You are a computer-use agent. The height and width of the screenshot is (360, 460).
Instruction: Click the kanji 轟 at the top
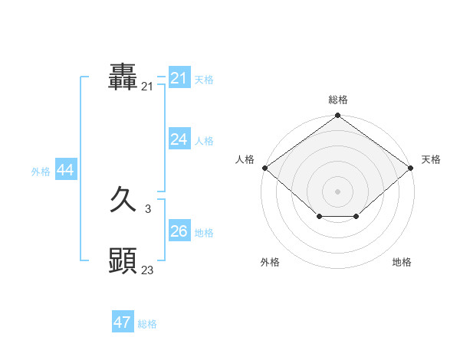(x=123, y=78)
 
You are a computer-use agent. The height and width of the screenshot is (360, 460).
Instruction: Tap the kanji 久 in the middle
(x=123, y=201)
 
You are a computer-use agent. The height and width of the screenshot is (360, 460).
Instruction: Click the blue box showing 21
(x=179, y=78)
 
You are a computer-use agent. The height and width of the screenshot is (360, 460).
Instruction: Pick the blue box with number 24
(x=179, y=139)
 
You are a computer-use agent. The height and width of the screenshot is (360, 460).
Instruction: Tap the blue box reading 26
(x=179, y=231)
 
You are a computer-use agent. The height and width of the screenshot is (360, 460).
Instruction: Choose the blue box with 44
(x=66, y=170)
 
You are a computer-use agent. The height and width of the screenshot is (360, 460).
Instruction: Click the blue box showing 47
(x=123, y=322)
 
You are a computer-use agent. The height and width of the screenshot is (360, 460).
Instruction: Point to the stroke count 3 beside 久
(x=148, y=209)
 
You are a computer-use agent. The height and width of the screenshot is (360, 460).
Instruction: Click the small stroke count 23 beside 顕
(x=148, y=270)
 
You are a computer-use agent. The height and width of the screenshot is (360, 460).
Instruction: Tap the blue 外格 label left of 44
(x=41, y=172)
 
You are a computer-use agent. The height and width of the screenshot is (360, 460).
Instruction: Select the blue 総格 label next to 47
(x=147, y=324)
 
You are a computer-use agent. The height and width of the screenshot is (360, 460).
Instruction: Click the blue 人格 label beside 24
(x=204, y=141)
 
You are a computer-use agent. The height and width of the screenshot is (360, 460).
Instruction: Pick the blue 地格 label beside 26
(x=204, y=233)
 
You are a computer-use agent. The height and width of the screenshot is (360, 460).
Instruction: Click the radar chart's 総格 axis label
(x=338, y=100)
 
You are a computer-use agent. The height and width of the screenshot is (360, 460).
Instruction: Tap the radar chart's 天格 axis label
(x=431, y=159)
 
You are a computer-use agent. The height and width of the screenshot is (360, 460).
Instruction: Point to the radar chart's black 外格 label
(x=270, y=262)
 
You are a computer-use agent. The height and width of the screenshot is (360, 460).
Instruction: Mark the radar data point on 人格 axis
(x=264, y=168)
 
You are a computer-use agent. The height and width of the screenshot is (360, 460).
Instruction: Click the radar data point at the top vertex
(x=338, y=116)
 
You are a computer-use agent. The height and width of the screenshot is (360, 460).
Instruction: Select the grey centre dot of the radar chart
(x=338, y=191)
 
